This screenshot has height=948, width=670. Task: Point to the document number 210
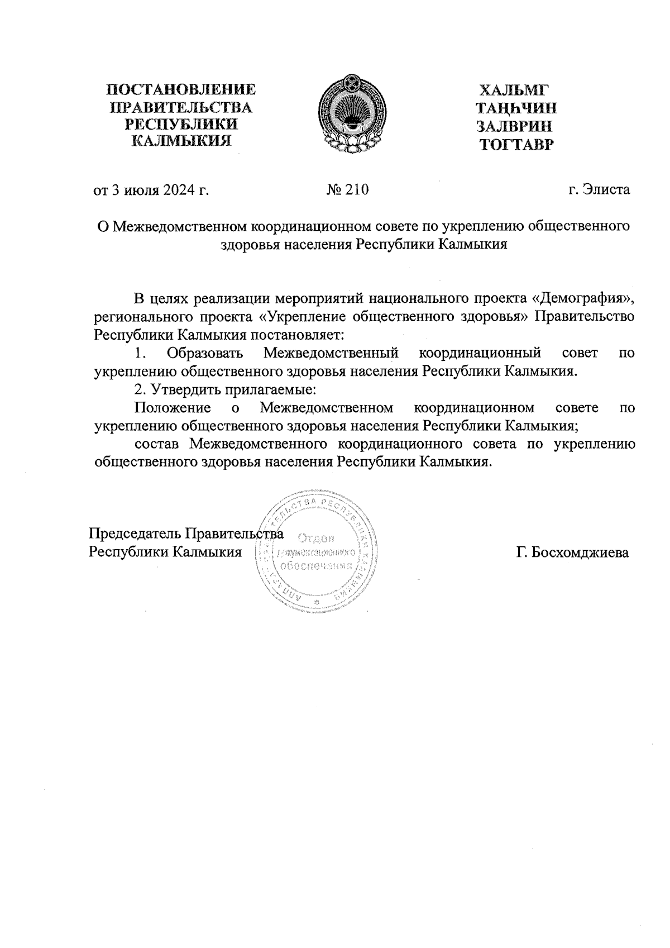357,190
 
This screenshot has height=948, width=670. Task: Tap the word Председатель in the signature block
136,533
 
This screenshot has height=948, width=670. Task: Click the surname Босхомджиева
572,553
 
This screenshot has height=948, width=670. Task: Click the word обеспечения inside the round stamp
316,565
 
